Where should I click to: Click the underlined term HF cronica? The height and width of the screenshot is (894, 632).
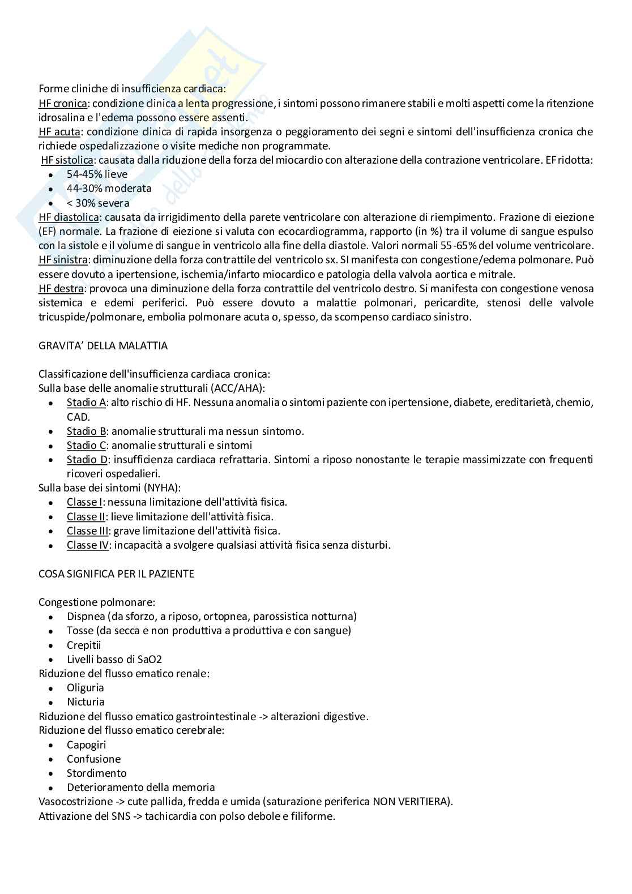(62, 104)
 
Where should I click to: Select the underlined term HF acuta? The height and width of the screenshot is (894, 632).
(59, 132)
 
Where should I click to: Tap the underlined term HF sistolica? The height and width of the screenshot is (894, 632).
(67, 160)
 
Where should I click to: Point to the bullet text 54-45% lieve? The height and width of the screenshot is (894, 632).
(97, 174)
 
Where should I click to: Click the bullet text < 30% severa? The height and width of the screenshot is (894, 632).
(98, 203)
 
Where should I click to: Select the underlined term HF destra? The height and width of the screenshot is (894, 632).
(61, 289)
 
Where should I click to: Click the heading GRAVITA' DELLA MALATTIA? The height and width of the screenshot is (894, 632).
(103, 345)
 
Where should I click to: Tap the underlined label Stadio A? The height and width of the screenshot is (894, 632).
(86, 403)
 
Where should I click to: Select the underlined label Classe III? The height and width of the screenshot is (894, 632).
(88, 531)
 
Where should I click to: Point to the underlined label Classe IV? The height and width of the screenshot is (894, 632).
(88, 545)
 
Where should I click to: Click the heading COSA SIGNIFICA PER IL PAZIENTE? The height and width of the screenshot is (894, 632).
(116, 574)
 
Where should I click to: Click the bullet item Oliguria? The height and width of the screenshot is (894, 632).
(86, 688)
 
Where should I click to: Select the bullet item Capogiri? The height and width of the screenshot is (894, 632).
(87, 745)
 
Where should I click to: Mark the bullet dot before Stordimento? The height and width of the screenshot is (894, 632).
(52, 774)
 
